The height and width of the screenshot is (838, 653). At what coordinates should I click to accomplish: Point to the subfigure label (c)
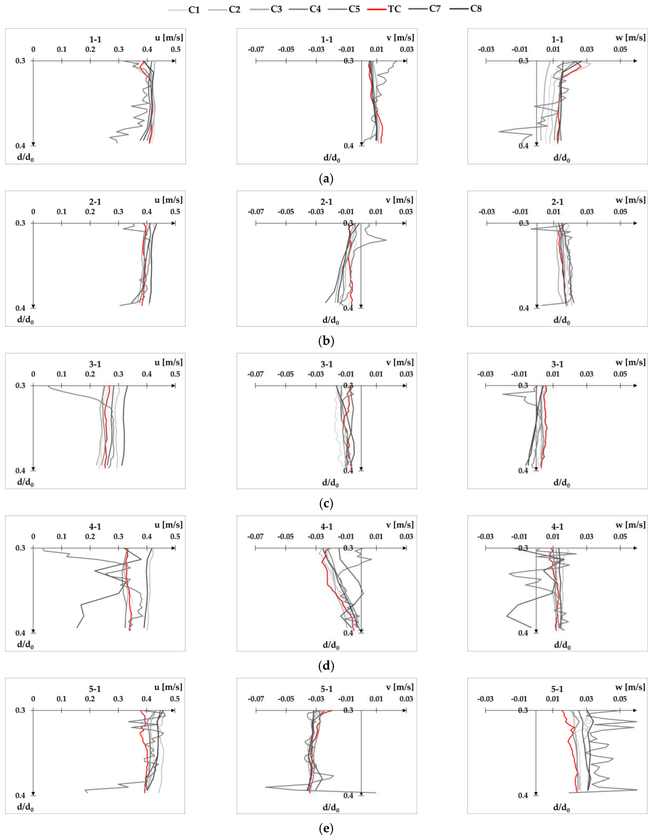point(326,503)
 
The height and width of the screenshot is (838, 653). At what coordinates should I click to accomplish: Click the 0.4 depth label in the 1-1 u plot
point(20,146)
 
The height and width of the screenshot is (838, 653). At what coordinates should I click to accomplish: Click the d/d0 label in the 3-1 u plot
point(25,482)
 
